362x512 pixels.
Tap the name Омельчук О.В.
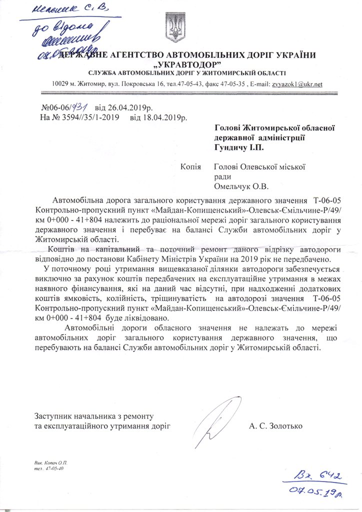[241, 186]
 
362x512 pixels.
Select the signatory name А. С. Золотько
[275, 426]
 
